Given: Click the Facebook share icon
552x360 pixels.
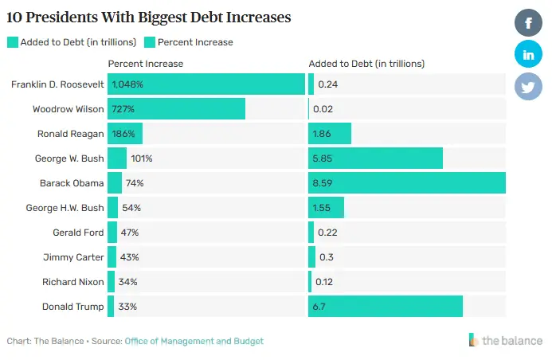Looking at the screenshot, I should (528, 22).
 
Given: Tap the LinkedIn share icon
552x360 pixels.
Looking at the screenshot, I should (528, 54).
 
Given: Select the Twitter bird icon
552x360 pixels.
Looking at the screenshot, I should (528, 86).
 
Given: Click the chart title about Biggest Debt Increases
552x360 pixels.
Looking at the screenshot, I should (148, 16).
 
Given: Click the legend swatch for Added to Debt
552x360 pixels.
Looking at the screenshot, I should (12, 42).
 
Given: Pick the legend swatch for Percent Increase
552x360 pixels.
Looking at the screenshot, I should (149, 42).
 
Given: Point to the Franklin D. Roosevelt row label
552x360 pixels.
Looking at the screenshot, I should (58, 84).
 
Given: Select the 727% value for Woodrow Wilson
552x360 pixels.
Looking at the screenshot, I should (123, 109).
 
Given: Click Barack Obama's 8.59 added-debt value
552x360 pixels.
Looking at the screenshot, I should (323, 183).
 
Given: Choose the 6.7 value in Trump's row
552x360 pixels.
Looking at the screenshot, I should (319, 307).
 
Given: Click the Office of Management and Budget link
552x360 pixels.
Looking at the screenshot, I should (194, 341).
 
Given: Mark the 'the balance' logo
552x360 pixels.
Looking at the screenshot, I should (506, 340).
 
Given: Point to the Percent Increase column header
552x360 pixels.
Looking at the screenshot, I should (145, 64).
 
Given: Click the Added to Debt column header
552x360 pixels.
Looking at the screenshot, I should (366, 64).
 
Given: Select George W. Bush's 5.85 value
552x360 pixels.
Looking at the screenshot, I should (323, 158).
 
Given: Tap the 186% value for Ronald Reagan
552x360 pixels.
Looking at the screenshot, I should (124, 134).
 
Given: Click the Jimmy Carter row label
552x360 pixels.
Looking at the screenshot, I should (73, 257).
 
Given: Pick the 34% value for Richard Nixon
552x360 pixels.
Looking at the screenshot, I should (127, 282).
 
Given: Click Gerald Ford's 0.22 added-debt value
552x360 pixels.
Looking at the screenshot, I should (327, 233).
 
